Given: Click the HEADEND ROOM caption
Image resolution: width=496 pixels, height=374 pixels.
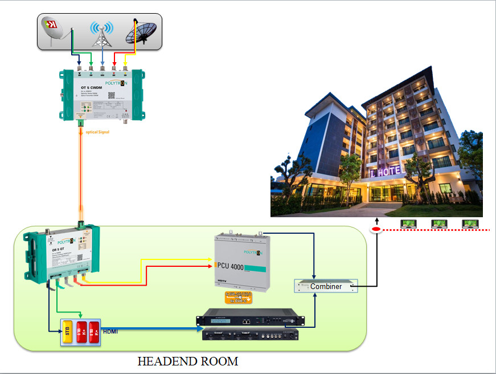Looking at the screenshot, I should tap(188, 361).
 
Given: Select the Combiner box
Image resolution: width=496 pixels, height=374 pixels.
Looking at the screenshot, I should tap(326, 286).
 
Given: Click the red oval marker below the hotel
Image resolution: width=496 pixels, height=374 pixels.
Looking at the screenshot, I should tap(376, 230).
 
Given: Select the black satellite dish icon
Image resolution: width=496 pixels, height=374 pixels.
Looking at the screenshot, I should tap(141, 32).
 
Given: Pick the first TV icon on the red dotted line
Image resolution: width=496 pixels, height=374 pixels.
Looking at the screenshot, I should tap(408, 223).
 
